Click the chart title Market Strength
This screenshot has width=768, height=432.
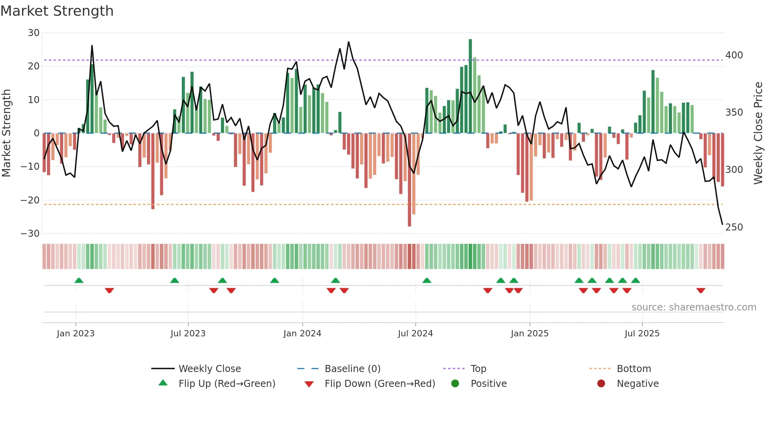(57, 11)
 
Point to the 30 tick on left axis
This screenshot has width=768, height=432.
(34, 33)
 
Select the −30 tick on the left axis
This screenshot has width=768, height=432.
(31, 234)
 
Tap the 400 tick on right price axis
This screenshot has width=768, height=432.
(734, 55)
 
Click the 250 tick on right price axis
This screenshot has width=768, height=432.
(734, 227)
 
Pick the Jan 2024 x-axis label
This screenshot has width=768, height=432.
(302, 334)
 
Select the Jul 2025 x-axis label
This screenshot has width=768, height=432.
(642, 334)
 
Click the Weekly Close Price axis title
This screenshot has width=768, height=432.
(759, 133)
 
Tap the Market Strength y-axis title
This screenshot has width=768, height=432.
(7, 133)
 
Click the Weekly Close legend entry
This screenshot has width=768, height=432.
(210, 369)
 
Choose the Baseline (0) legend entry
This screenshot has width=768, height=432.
(352, 369)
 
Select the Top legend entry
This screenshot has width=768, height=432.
(478, 369)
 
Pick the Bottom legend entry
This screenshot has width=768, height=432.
(634, 369)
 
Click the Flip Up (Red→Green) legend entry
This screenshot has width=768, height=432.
(226, 384)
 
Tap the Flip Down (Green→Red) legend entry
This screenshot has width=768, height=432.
(380, 384)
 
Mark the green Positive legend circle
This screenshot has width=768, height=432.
(455, 384)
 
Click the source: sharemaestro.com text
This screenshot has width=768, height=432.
(694, 307)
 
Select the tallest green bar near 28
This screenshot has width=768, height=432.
(470, 86)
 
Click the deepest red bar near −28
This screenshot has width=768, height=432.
(409, 180)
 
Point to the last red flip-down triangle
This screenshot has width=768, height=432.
(701, 290)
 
